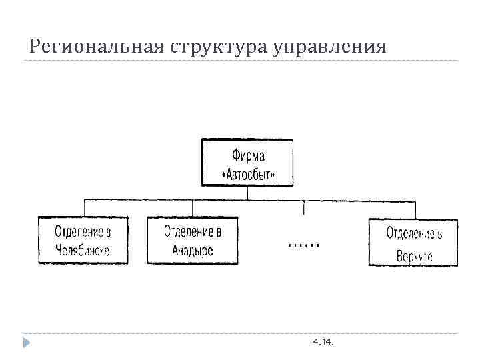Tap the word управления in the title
329,47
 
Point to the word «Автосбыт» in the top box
247,175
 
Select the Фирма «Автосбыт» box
247,163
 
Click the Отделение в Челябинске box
83,241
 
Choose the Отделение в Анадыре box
192,241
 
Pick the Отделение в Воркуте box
413,243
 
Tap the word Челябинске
83,251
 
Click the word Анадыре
192,251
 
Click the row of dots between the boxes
304,245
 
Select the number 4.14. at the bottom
324,343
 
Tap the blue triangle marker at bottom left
26,343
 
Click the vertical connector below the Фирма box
247,193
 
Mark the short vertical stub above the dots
305,207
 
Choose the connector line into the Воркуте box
415,209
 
